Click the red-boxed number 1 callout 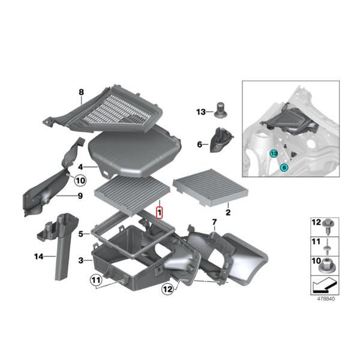tap(160, 212)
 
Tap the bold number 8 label tap(81, 92)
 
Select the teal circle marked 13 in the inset tap(274, 154)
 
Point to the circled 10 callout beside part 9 tap(80, 179)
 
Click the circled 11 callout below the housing tap(97, 279)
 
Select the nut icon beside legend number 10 tap(329, 263)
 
